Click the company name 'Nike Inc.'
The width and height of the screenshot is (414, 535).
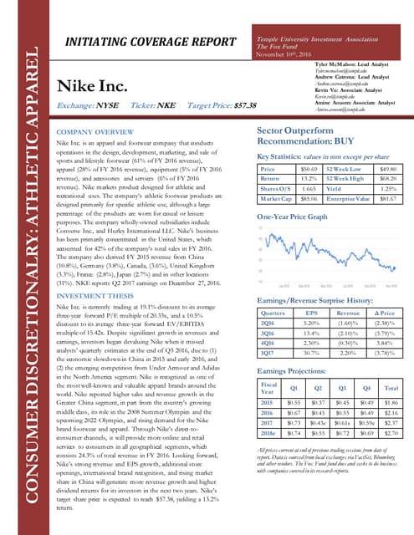[x=93, y=86]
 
